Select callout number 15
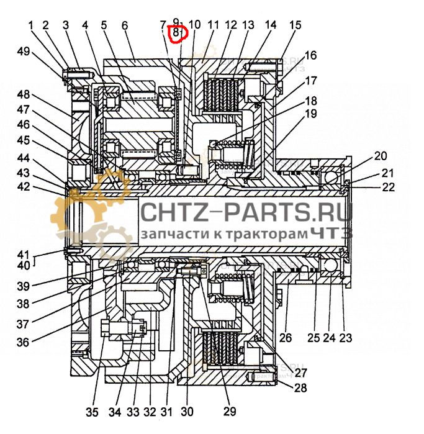pyautogui.click(x=295, y=25)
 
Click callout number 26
pyautogui.click(x=285, y=339)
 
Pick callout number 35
pyautogui.click(x=92, y=411)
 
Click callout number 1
pyautogui.click(x=30, y=25)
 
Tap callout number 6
pyautogui.click(x=124, y=25)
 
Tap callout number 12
pyautogui.click(x=231, y=25)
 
